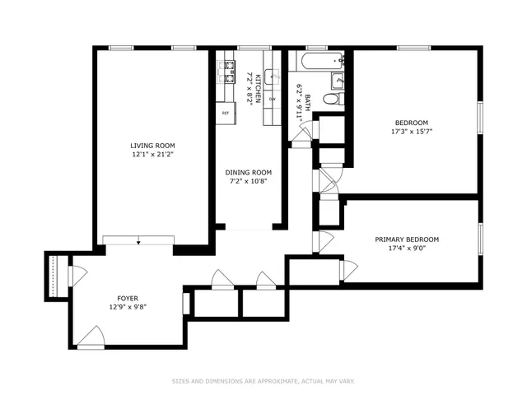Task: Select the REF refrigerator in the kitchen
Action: [x=225, y=113]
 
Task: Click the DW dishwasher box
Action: [x=272, y=100]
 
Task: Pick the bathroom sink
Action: [x=338, y=80]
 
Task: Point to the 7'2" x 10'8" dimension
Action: [x=248, y=182]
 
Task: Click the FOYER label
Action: [x=127, y=299]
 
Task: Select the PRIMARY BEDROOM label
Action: [x=407, y=239]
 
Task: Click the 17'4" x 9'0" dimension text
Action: [x=407, y=249]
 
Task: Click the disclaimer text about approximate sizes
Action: [x=263, y=381]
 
